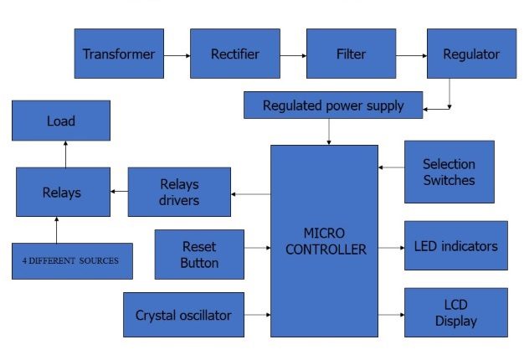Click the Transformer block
tap(118, 54)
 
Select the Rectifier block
tap(234, 54)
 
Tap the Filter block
tap(350, 54)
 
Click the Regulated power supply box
tap(333, 105)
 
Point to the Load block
tap(60, 121)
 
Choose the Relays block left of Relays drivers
tap(63, 193)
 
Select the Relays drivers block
tap(179, 193)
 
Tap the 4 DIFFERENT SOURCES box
tap(72, 261)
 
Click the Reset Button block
tap(199, 255)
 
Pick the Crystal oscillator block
tap(183, 316)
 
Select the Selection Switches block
tap(449, 172)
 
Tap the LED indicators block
tap(455, 246)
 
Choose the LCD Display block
tap(455, 313)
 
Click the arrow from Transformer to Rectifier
tap(176, 55)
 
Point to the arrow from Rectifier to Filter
tap(291, 55)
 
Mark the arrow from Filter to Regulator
tap(410, 55)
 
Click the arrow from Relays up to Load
tap(64, 154)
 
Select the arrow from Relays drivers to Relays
tap(119, 193)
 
